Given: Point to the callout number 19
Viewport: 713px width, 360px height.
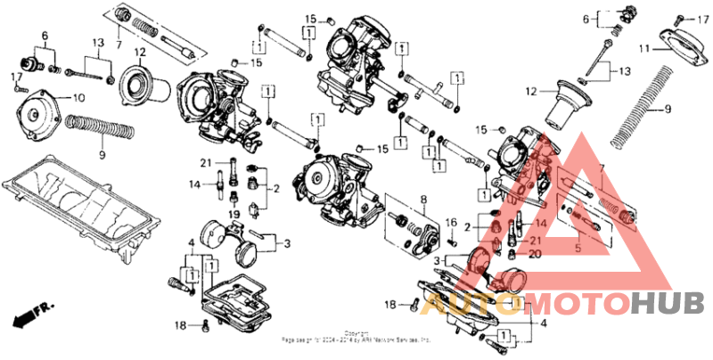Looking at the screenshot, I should (x=234, y=215).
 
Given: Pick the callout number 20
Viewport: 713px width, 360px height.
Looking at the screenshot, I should (x=536, y=253).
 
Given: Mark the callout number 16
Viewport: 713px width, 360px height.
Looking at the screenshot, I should (x=451, y=222).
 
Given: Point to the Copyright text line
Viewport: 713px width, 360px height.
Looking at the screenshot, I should (x=356, y=332).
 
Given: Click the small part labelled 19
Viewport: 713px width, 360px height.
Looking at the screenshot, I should (x=234, y=198).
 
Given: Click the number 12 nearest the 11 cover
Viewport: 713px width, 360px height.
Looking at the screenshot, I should (x=532, y=91).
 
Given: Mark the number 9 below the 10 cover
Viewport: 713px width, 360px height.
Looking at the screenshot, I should (x=101, y=155).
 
